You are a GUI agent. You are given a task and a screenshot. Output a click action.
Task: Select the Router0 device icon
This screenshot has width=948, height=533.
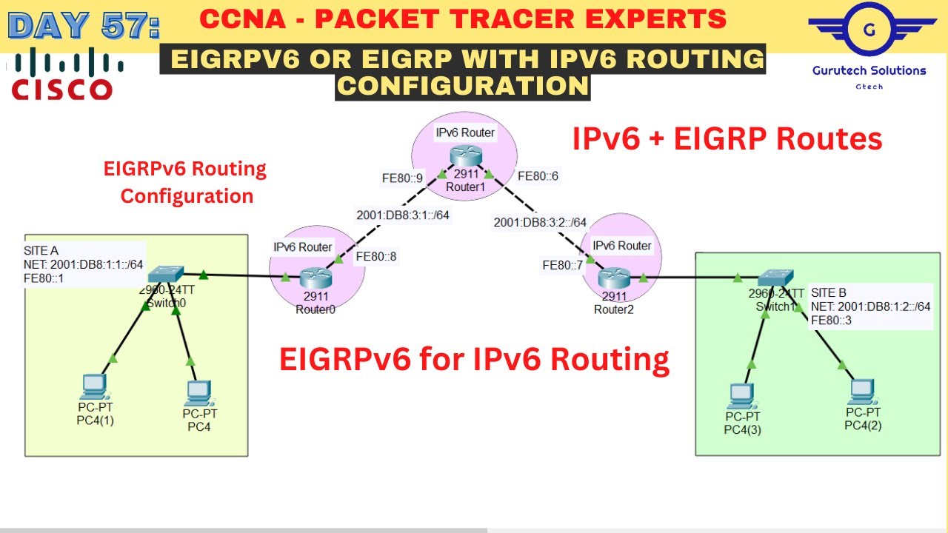[316, 278]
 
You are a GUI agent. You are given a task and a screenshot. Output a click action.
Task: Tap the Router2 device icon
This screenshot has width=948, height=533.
[612, 278]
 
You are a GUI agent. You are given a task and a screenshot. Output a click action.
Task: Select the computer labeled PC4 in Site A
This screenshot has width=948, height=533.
[199, 391]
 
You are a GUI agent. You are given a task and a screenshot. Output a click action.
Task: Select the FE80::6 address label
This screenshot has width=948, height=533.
[538, 176]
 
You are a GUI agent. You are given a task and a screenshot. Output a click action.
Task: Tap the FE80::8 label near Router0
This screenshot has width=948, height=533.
[375, 257]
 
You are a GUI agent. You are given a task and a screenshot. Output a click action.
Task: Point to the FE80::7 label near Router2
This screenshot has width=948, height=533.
[562, 265]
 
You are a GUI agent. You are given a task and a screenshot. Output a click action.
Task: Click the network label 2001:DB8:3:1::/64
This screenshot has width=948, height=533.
[403, 215]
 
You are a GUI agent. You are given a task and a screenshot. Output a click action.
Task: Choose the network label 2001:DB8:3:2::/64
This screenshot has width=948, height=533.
[540, 222]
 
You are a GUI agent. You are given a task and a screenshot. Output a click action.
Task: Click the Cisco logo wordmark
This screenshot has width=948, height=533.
[63, 90]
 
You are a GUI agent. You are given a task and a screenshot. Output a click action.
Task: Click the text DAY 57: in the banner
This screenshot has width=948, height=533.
[83, 24]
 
